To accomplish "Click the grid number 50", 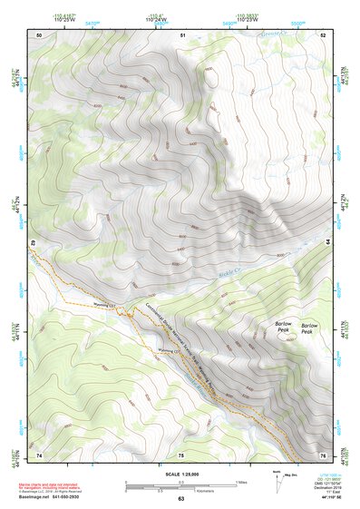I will click(x=39, y=34).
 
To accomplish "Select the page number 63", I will click(x=180, y=499).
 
